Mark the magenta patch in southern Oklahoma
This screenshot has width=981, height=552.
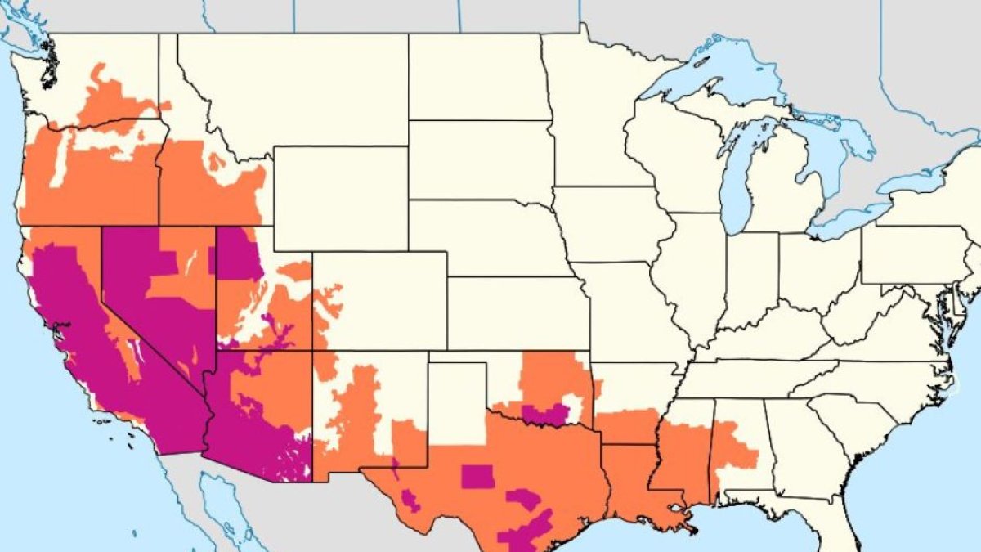tap(544, 415)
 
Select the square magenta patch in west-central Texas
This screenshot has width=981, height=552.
tap(477, 476)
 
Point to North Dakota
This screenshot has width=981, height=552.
tap(478, 78)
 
